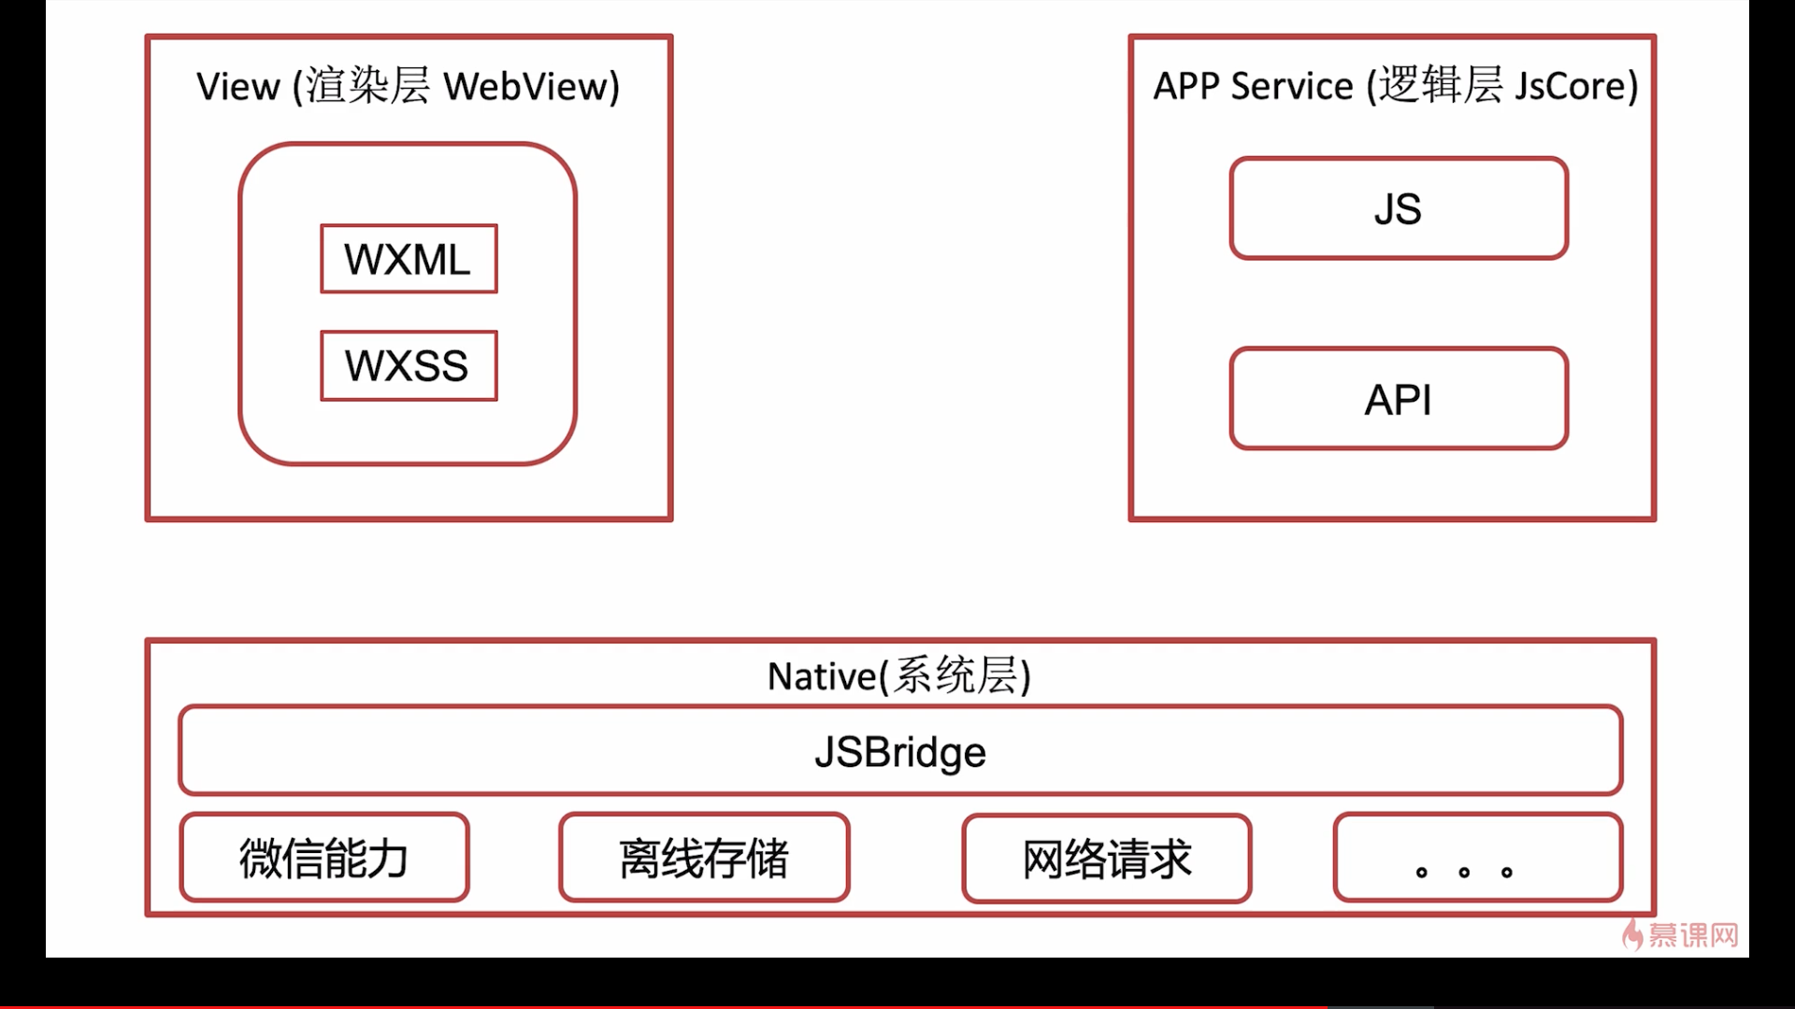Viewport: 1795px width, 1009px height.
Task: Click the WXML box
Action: click(x=409, y=259)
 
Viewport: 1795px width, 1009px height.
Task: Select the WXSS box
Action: click(x=409, y=365)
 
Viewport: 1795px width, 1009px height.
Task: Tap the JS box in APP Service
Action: click(x=1399, y=208)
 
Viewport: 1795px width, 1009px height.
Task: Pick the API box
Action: click(x=1399, y=399)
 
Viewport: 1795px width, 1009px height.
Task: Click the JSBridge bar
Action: click(x=900, y=750)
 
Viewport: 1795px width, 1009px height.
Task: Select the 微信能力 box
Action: click(x=324, y=858)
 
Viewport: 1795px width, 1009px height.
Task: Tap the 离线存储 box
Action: click(x=704, y=858)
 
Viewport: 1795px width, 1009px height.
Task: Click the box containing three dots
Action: click(x=1478, y=858)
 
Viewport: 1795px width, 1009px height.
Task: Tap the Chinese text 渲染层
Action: click(x=367, y=86)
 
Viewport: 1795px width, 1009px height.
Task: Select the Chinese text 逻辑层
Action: click(x=1441, y=85)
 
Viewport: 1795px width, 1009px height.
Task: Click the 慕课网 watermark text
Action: click(x=1693, y=935)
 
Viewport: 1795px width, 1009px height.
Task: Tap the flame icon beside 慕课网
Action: click(x=1632, y=933)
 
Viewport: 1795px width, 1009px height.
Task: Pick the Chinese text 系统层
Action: click(x=955, y=675)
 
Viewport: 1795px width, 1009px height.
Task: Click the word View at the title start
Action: click(x=238, y=86)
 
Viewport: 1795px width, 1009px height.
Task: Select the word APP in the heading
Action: click(x=1186, y=86)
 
